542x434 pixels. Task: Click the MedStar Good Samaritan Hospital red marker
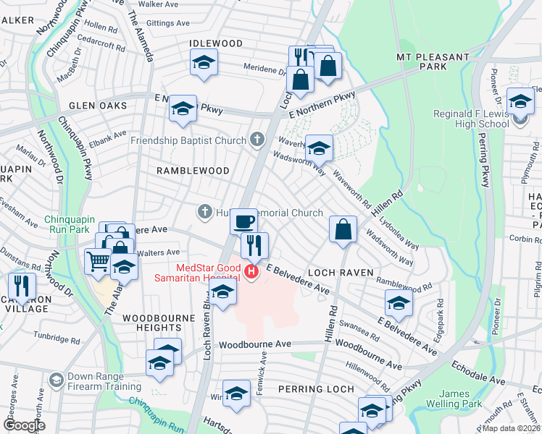(x=251, y=272)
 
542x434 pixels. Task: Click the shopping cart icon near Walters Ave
(x=99, y=261)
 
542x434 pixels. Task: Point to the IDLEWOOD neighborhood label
(x=216, y=43)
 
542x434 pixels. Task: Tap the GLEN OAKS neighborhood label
(x=98, y=106)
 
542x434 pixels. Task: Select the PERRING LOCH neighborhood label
(x=316, y=389)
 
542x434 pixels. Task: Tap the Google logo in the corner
(x=23, y=425)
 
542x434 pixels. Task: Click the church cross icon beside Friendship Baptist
(x=257, y=139)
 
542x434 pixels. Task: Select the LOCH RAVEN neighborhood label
(x=340, y=273)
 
